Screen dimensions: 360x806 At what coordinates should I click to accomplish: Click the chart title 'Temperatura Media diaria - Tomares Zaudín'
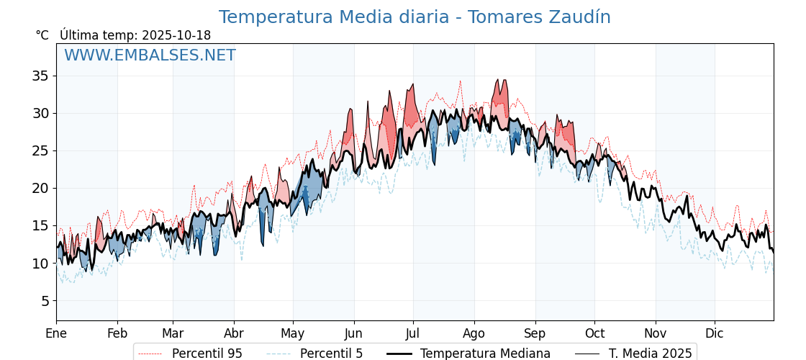pos(415,17)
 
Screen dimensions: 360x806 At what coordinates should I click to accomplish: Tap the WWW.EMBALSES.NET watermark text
pos(150,55)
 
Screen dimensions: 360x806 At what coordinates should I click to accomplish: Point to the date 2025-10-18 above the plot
pos(176,35)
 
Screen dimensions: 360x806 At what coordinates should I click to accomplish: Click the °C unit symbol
pos(42,35)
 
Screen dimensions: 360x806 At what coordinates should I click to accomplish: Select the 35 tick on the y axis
pos(40,76)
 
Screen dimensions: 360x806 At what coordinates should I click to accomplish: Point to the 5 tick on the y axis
pos(45,301)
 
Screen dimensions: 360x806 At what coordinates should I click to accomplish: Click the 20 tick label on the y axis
pos(40,188)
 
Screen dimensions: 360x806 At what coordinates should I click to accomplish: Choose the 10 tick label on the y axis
pos(40,264)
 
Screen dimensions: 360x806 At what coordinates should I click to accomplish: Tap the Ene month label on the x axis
pos(56,333)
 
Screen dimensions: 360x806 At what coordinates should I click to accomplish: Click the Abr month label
pos(234,333)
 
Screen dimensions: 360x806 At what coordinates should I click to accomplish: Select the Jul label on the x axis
pos(413,333)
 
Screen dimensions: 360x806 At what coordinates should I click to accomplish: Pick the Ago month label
pos(474,333)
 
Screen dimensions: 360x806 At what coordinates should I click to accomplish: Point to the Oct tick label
pos(594,333)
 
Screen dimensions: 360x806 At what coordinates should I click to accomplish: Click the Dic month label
pos(715,333)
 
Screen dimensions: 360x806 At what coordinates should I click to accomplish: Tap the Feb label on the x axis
pos(117,333)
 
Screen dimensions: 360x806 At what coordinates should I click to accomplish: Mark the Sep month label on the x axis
pos(535,333)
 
